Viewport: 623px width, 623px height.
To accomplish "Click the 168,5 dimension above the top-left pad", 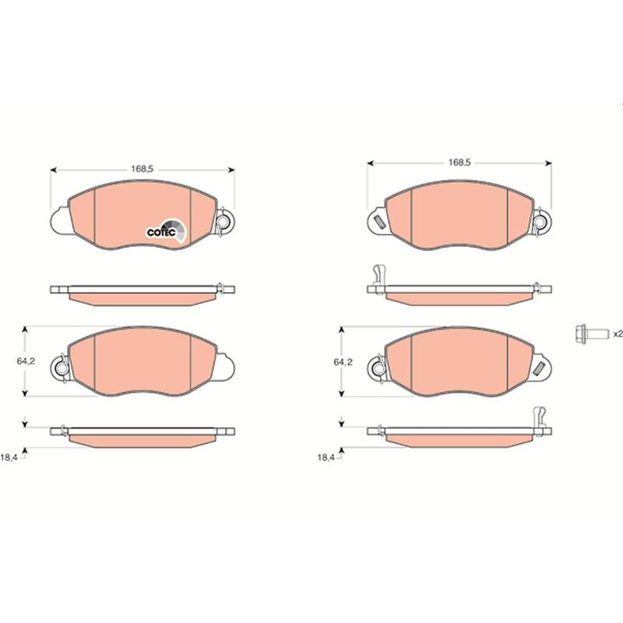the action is coord(143,169).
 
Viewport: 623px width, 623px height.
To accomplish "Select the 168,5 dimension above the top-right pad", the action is coord(459,163).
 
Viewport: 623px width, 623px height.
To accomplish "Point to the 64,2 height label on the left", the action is coord(26,361).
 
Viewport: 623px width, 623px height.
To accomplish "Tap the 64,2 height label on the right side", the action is coord(343,362).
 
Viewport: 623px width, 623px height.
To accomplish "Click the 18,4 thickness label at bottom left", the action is coord(9,457).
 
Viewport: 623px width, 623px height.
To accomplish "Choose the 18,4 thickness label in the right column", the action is coord(326,457).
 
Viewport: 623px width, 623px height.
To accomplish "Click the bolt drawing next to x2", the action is coord(592,333).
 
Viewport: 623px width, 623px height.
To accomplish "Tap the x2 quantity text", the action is coord(618,334).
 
